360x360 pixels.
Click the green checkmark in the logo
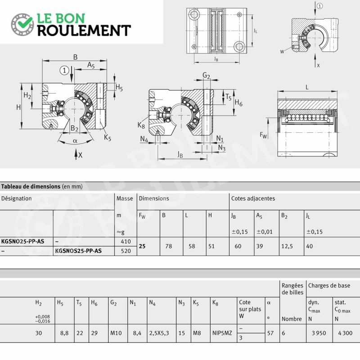click(x=25, y=21)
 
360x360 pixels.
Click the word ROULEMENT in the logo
click(x=84, y=31)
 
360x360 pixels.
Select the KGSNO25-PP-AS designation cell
click(x=23, y=241)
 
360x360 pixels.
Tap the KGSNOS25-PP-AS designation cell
click(x=78, y=251)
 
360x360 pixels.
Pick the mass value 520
click(x=126, y=251)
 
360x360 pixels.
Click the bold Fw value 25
click(x=142, y=246)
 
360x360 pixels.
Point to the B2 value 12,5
click(x=287, y=246)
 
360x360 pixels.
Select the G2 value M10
click(x=116, y=333)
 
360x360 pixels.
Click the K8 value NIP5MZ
click(x=222, y=333)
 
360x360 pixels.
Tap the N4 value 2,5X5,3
click(x=159, y=333)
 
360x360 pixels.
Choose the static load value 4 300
click(x=345, y=333)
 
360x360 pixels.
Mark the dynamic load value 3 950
click(x=319, y=333)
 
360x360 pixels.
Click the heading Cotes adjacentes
click(x=253, y=198)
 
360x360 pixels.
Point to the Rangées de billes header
click(x=292, y=289)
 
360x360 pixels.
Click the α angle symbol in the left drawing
click(x=75, y=141)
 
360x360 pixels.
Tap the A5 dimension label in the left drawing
click(x=91, y=65)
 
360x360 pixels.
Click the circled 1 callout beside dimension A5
click(x=64, y=70)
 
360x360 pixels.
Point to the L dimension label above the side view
click(x=307, y=87)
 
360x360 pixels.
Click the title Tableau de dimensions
click(x=31, y=186)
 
